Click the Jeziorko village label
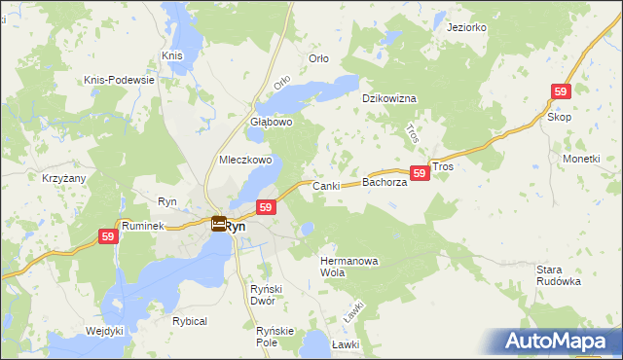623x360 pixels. pyautogui.click(x=466, y=27)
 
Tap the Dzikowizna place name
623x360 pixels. pyautogui.click(x=389, y=99)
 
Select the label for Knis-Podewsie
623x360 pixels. pyautogui.click(x=120, y=80)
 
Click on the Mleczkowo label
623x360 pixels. pyautogui.click(x=245, y=160)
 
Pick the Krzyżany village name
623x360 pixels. pyautogui.click(x=64, y=180)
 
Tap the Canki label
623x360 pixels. pyautogui.click(x=324, y=185)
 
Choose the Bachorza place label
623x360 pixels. pyautogui.click(x=385, y=182)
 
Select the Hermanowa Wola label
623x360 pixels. pyautogui.click(x=348, y=267)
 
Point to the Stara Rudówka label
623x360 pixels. pyautogui.click(x=559, y=274)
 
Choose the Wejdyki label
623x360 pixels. pyautogui.click(x=104, y=331)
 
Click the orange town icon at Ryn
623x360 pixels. pyautogui.click(x=219, y=225)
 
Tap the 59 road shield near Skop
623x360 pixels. pyautogui.click(x=560, y=90)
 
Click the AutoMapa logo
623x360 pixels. pyautogui.click(x=557, y=341)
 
